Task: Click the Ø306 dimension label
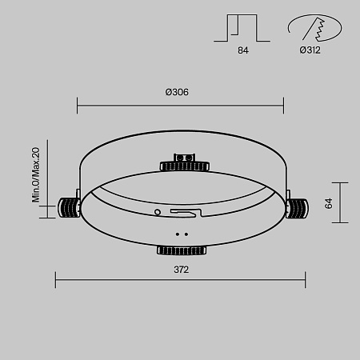pyautogui.click(x=177, y=92)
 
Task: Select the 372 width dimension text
pyautogui.click(x=181, y=270)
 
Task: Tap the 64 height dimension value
pyautogui.click(x=329, y=203)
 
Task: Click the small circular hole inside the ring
pyautogui.click(x=158, y=212)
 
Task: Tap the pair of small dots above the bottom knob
pyautogui.click(x=182, y=235)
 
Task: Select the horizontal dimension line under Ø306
pyautogui.click(x=180, y=104)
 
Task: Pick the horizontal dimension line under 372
pyautogui.click(x=180, y=280)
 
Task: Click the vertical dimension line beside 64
pyautogui.click(x=342, y=203)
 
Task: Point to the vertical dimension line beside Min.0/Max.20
pyautogui.click(x=46, y=174)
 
